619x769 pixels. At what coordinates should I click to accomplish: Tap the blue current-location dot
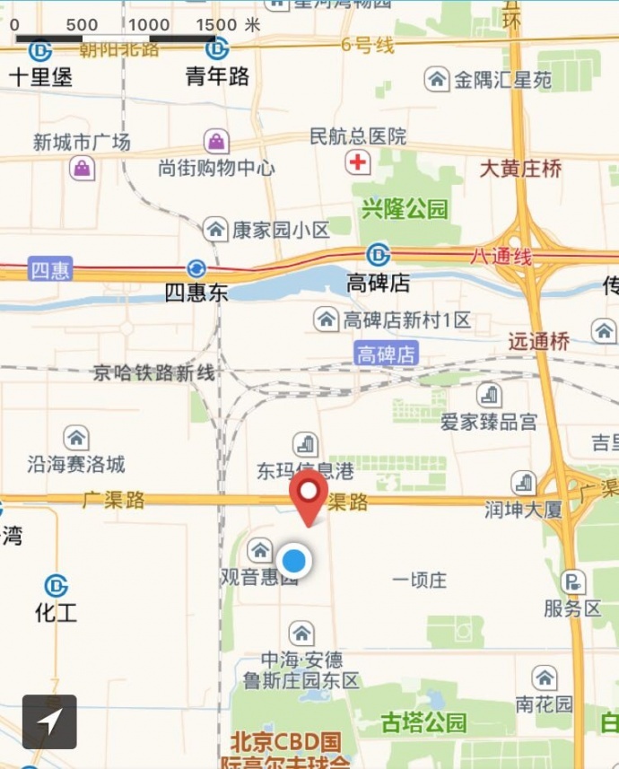(293, 562)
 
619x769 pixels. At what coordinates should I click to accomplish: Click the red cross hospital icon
(358, 162)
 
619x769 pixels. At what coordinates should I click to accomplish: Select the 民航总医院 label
(358, 136)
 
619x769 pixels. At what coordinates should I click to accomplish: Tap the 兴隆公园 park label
(405, 210)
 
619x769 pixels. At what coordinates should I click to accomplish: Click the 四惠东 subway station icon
(196, 268)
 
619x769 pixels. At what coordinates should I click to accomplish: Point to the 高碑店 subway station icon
(379, 256)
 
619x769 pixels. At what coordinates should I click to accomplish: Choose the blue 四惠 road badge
(50, 269)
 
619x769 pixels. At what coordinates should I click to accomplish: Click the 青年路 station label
(217, 77)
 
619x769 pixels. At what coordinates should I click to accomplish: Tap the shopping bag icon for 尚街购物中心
(216, 141)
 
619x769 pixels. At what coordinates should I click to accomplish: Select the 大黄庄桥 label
(521, 168)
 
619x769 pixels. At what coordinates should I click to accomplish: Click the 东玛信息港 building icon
(306, 443)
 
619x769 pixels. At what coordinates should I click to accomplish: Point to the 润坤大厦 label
(524, 510)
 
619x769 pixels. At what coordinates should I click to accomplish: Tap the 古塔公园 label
(424, 722)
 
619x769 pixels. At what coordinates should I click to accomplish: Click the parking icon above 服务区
(572, 581)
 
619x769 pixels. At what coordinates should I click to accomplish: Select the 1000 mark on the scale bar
(149, 25)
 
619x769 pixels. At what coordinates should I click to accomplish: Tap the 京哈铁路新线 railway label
(154, 373)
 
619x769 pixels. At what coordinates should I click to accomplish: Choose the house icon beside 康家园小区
(215, 229)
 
